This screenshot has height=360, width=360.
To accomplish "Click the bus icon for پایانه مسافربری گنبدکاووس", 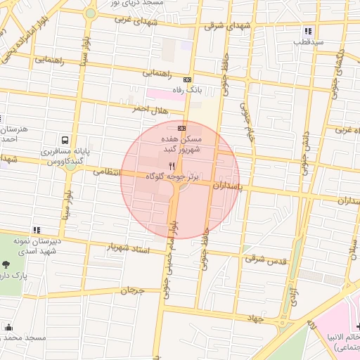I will point(65,140).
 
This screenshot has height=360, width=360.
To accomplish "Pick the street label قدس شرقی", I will point(266,259).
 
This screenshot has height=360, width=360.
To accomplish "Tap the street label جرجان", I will point(131,290).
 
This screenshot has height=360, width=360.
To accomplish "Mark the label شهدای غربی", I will point(149,21).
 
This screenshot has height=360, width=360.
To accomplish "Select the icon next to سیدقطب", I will point(308,31).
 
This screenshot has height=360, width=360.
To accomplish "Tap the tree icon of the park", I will point(6,265).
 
